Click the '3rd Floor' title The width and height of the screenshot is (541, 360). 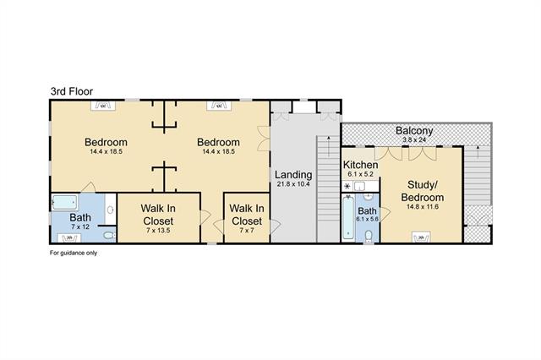click(72, 91)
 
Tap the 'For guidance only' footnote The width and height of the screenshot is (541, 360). click(74, 253)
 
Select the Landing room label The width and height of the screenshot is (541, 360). click(293, 175)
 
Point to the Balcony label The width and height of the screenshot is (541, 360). click(414, 131)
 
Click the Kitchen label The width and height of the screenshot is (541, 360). click(360, 165)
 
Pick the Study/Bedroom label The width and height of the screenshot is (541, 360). click(423, 191)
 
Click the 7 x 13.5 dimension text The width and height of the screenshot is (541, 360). click(158, 231)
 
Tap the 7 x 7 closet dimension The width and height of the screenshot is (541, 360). click(247, 231)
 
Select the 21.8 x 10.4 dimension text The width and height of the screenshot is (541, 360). click(293, 184)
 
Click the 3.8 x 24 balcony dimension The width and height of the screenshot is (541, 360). click(414, 139)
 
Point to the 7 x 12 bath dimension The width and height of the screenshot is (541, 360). click(80, 226)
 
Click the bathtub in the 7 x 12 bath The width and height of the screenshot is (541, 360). click(64, 203)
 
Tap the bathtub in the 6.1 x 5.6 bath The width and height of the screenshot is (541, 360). click(348, 217)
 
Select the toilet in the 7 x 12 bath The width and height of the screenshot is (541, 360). click(109, 236)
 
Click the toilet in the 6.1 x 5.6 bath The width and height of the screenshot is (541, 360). click(369, 236)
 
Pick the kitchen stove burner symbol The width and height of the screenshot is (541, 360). click(347, 187)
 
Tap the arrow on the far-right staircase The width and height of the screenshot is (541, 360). click(478, 152)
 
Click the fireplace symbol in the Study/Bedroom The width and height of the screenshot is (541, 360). click(421, 237)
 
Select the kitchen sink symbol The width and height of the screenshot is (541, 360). click(359, 186)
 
